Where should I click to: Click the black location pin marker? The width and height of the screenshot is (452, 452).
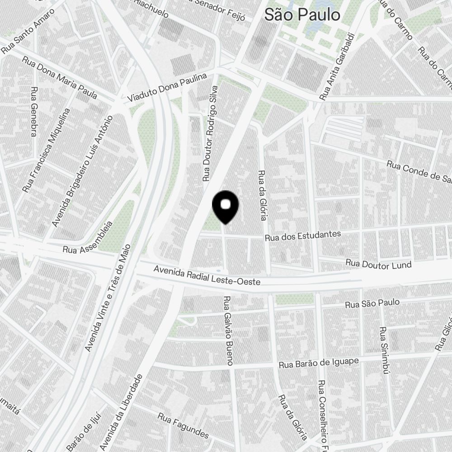point(225,206)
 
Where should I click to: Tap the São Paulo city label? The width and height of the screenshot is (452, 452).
point(302,14)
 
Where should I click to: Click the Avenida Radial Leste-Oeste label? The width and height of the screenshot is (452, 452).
point(207,275)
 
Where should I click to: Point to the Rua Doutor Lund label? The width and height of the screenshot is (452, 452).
point(378,264)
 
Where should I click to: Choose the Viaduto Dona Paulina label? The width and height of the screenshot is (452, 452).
point(167,87)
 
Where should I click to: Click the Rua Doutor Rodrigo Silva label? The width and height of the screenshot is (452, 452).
point(211,134)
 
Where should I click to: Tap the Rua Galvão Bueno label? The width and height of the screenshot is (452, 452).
point(228,330)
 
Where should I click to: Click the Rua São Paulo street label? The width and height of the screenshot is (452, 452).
point(372,303)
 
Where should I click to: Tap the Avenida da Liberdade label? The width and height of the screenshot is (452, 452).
point(121,412)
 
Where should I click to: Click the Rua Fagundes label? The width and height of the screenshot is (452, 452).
point(183,425)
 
